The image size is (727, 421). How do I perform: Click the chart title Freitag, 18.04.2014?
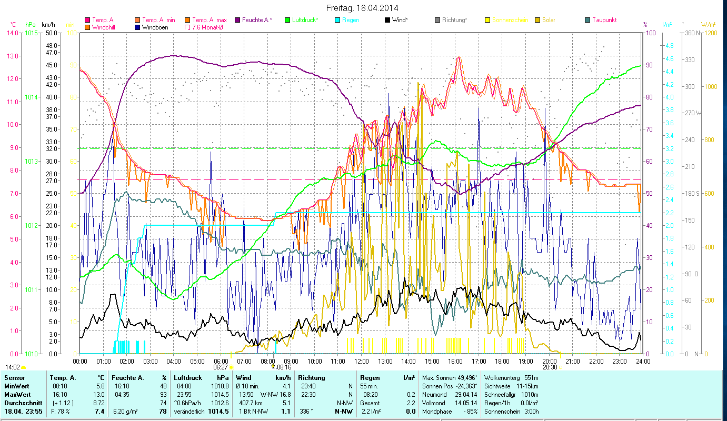click(x=362, y=8)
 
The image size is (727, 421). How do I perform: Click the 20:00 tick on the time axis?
click(x=549, y=362)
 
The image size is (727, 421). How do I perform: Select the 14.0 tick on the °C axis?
click(x=12, y=33)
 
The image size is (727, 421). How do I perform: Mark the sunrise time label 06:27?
click(x=220, y=367)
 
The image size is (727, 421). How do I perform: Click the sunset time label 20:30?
click(x=550, y=367)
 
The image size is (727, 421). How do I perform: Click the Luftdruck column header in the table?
click(x=186, y=377)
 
